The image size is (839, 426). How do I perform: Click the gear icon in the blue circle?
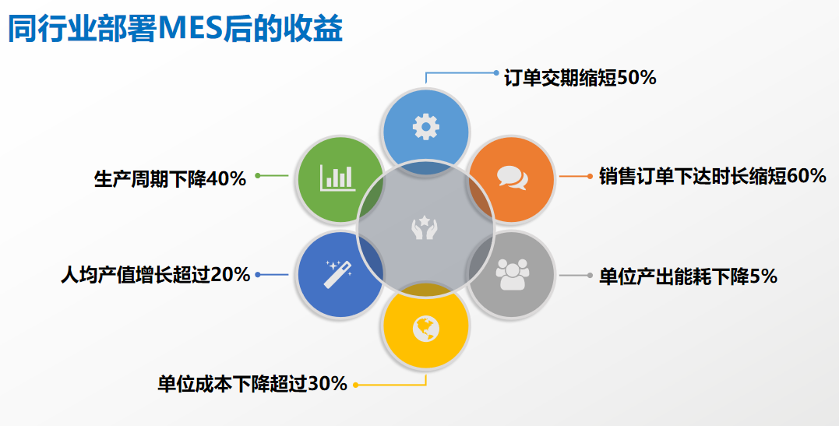(x=426, y=127)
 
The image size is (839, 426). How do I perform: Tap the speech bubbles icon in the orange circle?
(x=512, y=178)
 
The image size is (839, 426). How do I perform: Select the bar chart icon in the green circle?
(x=337, y=178)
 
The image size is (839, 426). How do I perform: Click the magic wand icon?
(x=338, y=274)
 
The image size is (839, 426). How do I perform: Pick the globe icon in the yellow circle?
(x=426, y=328)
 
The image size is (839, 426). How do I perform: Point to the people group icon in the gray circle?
(x=512, y=274)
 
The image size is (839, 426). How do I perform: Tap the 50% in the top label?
(x=636, y=78)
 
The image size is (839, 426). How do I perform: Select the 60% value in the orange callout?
(x=806, y=176)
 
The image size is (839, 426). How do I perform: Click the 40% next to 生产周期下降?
(x=226, y=179)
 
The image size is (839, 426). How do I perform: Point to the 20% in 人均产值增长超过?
(x=230, y=275)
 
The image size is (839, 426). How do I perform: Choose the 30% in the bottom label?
(x=327, y=384)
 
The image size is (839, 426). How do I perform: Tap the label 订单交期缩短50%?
(x=580, y=78)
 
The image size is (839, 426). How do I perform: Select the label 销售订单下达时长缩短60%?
(x=713, y=176)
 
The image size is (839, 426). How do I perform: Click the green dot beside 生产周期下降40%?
(x=258, y=175)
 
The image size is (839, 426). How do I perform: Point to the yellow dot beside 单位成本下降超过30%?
(x=356, y=385)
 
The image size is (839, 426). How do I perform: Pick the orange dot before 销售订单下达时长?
(x=590, y=176)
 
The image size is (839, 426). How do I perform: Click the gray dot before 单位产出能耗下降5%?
(x=590, y=276)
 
